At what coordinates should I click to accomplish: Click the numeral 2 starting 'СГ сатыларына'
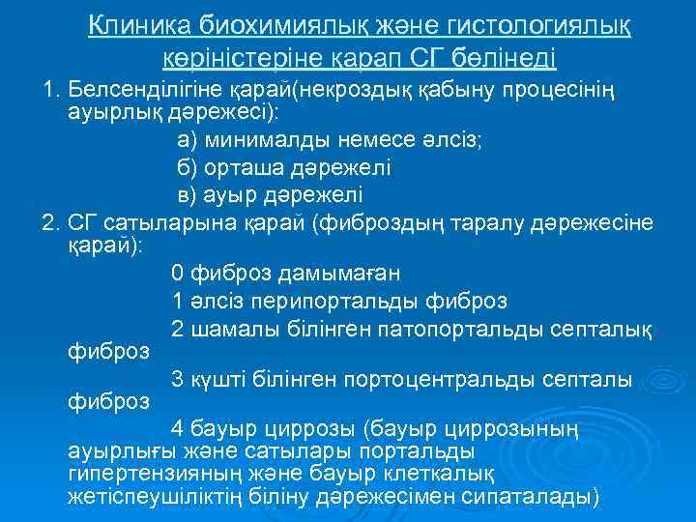point(49,223)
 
